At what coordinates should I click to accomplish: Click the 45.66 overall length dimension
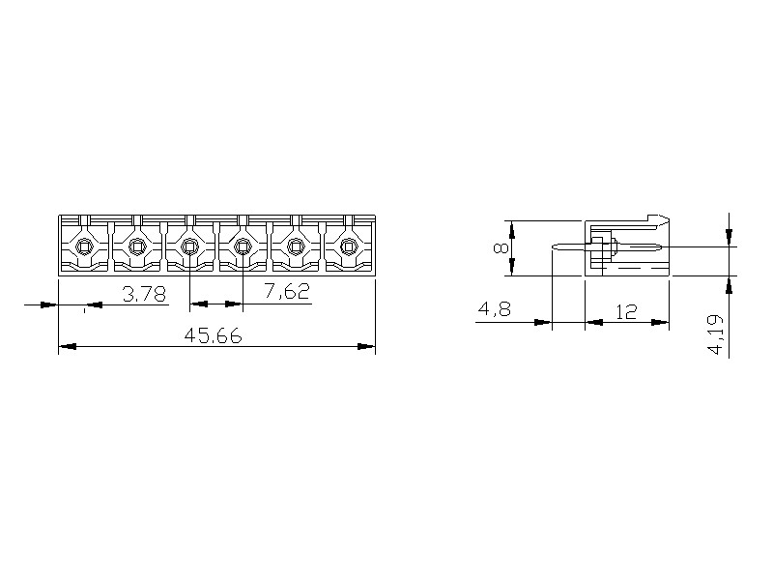[213, 335]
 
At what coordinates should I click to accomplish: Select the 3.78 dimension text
[144, 295]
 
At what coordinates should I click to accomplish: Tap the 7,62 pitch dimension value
[287, 291]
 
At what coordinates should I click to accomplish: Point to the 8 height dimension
[501, 248]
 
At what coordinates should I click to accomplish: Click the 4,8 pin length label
[495, 309]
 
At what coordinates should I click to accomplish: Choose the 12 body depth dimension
[626, 311]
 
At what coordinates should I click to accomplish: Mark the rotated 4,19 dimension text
[715, 334]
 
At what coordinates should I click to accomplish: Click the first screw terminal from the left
[84, 246]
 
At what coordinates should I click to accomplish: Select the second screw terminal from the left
[136, 246]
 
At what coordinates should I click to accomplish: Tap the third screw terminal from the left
[189, 246]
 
